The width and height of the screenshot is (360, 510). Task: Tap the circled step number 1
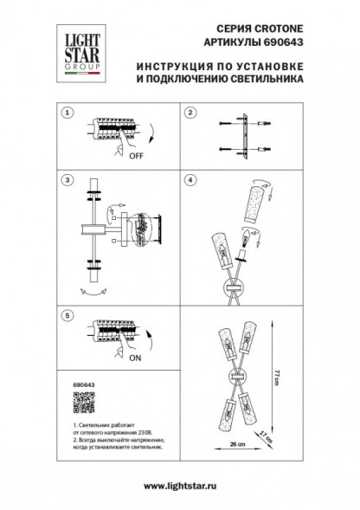click(68, 113)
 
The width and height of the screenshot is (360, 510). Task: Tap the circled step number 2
click(192, 113)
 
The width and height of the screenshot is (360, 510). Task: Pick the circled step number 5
click(68, 316)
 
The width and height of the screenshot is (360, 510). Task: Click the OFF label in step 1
click(136, 158)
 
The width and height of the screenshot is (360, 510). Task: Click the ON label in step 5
click(136, 355)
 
